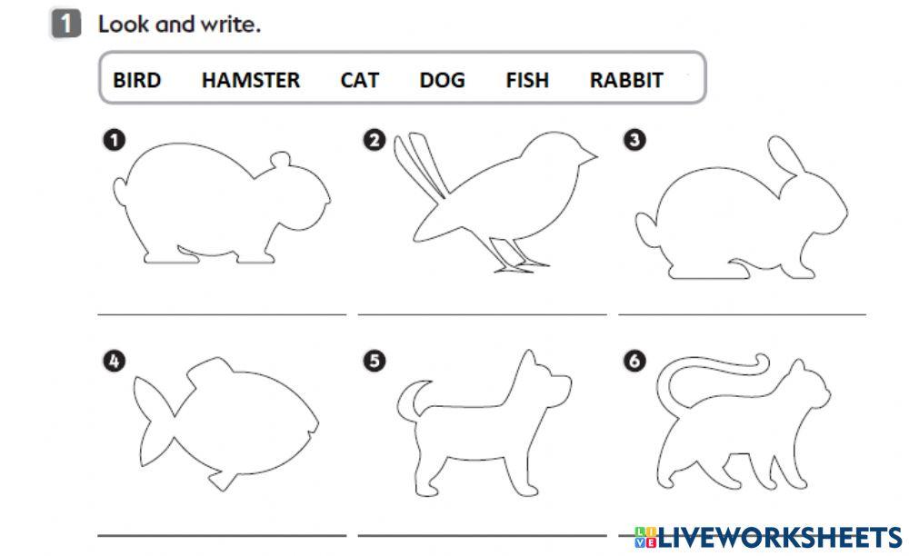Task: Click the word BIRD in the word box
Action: pos(136,80)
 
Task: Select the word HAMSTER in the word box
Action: pos(250,80)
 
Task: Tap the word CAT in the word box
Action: pos(359,80)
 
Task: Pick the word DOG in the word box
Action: pos(442,80)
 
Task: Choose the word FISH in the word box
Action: pos(527,80)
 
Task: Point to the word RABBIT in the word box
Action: pos(626,80)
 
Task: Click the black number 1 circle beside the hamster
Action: pos(113,140)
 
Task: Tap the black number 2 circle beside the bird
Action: pos(374,140)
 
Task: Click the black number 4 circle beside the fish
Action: pos(113,362)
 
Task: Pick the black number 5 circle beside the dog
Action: pos(374,362)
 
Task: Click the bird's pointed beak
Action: pos(592,156)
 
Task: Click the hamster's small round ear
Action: pos(282,162)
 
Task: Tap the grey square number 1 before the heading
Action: pos(65,24)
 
